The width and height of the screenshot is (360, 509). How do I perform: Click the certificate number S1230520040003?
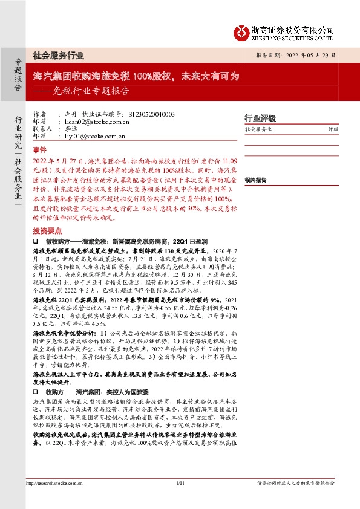152,114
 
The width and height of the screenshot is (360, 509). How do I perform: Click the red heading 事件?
39,149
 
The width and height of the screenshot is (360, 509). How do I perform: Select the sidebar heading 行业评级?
260,118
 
